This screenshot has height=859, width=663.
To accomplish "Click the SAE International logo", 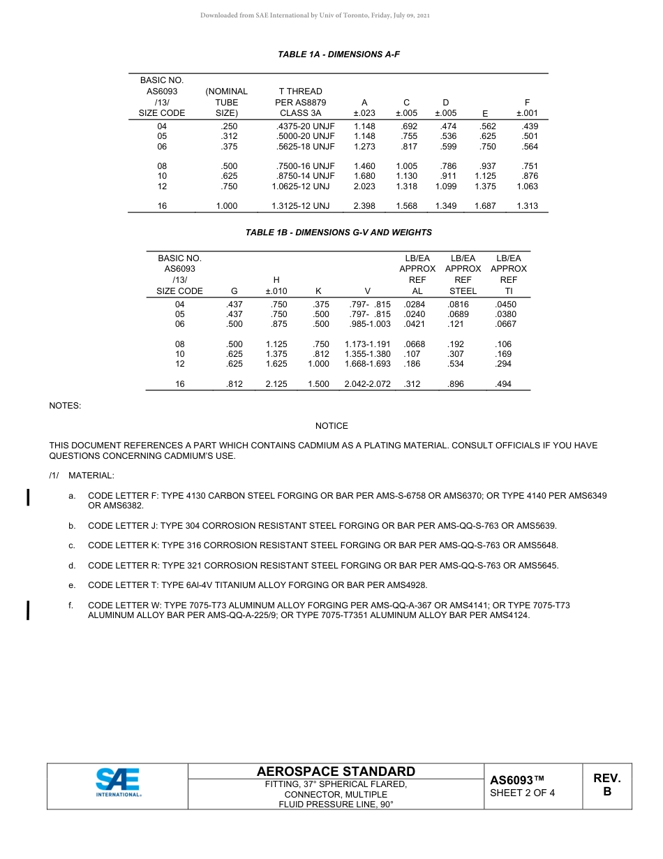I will (118, 783).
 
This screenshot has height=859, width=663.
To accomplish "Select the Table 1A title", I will (338, 54).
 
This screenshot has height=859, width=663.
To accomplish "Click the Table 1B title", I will (338, 233).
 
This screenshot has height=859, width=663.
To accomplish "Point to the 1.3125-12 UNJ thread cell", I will (300, 206).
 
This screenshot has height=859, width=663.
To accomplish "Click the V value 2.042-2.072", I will (367, 384).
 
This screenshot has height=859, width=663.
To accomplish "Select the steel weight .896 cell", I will (456, 384).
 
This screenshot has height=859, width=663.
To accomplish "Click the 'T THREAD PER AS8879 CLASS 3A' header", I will (300, 102).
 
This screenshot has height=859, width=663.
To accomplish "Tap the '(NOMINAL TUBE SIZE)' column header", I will (226, 102).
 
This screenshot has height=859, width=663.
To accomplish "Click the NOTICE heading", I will (331, 426).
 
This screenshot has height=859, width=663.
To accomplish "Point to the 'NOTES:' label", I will (65, 405).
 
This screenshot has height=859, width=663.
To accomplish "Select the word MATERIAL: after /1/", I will (91, 476).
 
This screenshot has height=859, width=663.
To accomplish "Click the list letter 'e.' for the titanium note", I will (72, 585).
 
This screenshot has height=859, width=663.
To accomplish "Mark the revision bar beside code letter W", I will (28, 610).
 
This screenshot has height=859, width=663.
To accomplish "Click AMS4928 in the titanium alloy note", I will (409, 585).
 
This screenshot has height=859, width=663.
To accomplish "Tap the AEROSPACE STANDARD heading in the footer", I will (336, 771).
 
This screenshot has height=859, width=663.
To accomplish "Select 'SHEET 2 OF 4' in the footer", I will (522, 793).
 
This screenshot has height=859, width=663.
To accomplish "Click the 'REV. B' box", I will (606, 785).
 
